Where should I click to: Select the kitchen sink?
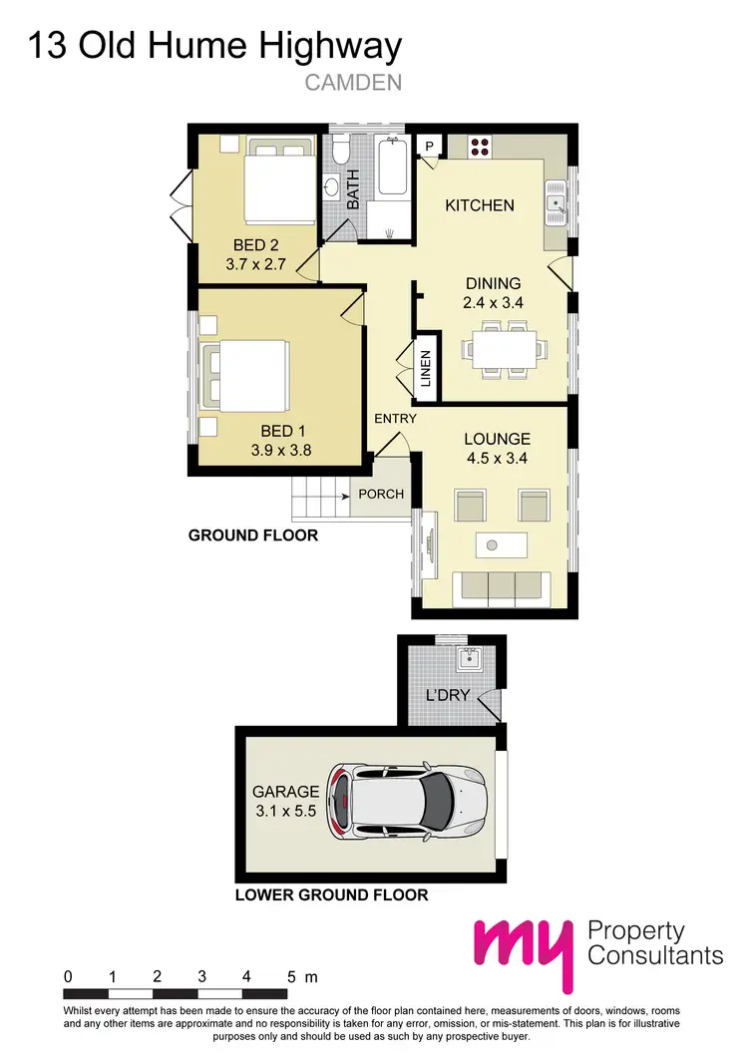tap(556, 206)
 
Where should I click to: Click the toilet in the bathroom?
tap(339, 153)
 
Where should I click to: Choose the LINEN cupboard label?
tap(425, 369)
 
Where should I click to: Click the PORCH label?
tap(381, 494)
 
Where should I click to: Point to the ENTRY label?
tap(395, 419)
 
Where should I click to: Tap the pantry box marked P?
tap(430, 146)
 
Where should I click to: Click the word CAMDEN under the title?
tap(352, 83)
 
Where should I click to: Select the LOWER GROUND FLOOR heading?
tap(331, 894)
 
